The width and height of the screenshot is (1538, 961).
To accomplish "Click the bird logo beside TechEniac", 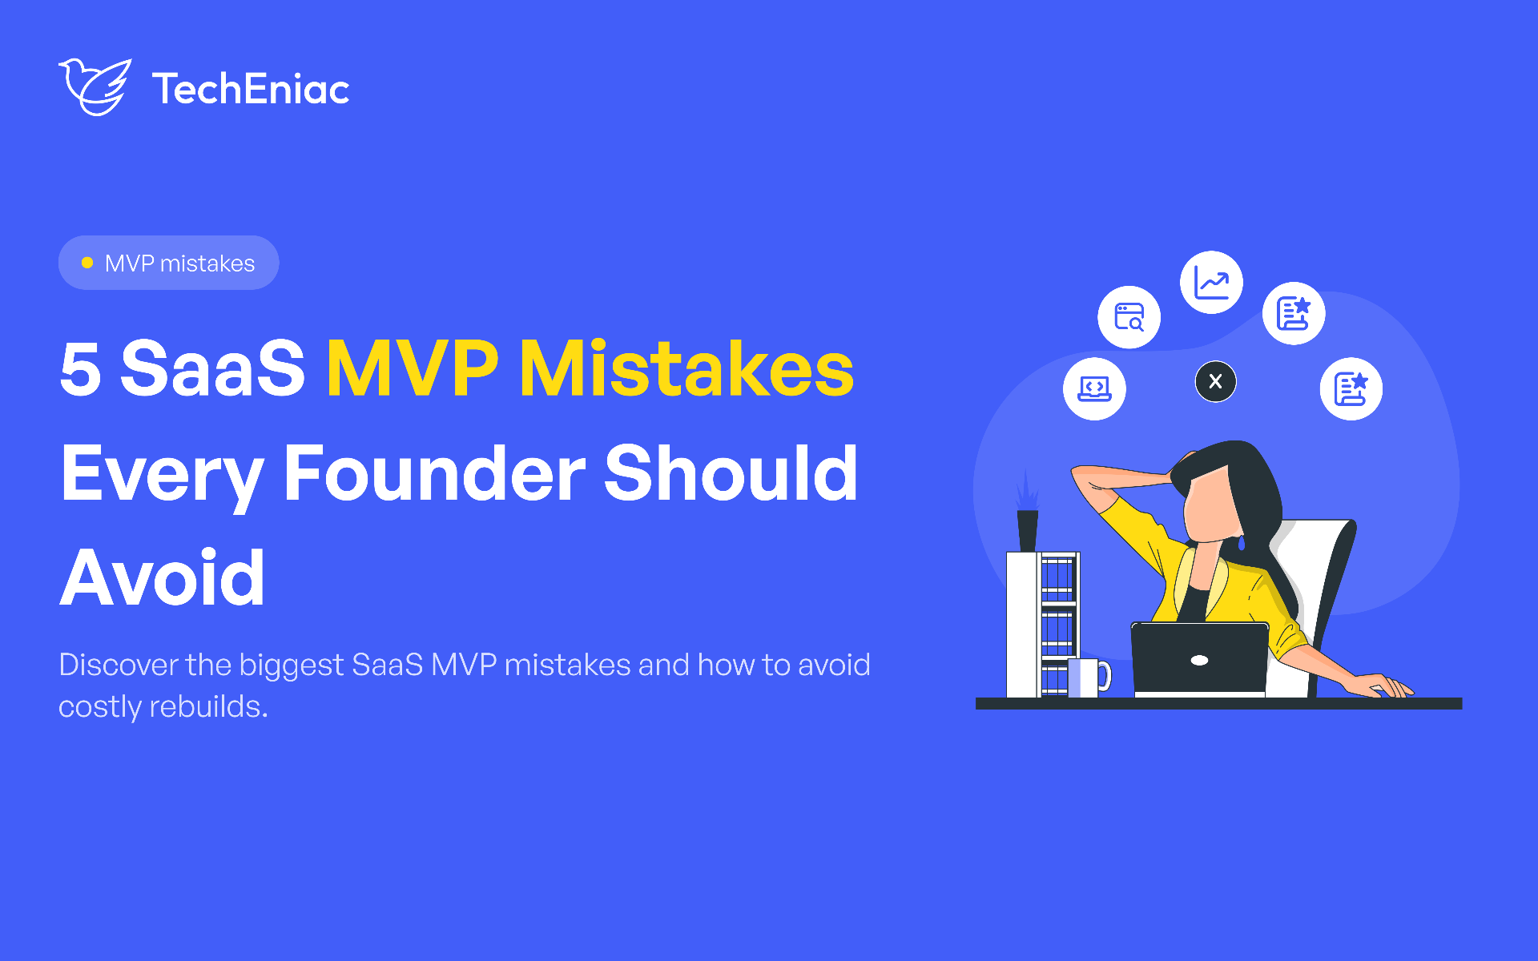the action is click(x=95, y=86).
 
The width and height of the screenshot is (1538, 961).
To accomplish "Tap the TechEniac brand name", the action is click(x=251, y=89).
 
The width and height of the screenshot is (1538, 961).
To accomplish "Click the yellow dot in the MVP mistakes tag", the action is click(x=87, y=263).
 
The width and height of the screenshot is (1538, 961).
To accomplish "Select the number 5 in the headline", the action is click(x=81, y=368).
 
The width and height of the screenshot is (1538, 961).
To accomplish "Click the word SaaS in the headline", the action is click(x=212, y=368).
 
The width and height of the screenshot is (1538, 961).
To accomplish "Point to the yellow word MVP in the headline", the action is click(x=413, y=368).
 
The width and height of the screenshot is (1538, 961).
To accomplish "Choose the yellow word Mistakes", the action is click(x=687, y=368).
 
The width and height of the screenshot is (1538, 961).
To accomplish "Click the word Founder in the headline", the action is click(x=435, y=473).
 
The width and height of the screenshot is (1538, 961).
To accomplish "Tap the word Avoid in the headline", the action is click(x=163, y=577).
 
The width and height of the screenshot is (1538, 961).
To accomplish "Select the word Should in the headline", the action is click(x=731, y=473).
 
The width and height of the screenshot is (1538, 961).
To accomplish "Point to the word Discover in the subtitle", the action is click(x=119, y=665).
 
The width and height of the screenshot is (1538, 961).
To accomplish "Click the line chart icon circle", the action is click(x=1211, y=283).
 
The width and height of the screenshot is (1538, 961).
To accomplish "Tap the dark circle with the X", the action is click(x=1215, y=381).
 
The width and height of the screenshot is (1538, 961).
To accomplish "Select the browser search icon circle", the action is click(x=1129, y=317).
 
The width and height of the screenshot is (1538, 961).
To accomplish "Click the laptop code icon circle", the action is click(x=1094, y=388).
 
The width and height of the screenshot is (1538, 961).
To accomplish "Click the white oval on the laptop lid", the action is click(x=1199, y=660).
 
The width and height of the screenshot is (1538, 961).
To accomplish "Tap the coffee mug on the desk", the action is click(x=1089, y=678).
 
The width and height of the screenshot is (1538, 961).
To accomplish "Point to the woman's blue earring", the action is click(x=1242, y=543).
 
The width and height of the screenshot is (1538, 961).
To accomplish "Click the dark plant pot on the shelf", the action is click(x=1027, y=530).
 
